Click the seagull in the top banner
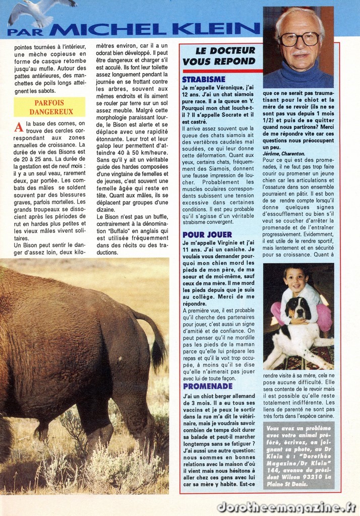(x=38, y=11)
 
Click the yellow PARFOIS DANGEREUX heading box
(x=49, y=107)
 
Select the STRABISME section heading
(x=203, y=80)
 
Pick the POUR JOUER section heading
(x=207, y=234)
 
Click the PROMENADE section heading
(x=207, y=386)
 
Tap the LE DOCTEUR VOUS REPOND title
(x=219, y=56)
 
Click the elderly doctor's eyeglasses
(x=299, y=38)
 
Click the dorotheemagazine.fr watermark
(x=286, y=506)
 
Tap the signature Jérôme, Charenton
(x=283, y=153)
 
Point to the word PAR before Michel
(x=25, y=31)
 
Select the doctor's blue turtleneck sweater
(x=297, y=76)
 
